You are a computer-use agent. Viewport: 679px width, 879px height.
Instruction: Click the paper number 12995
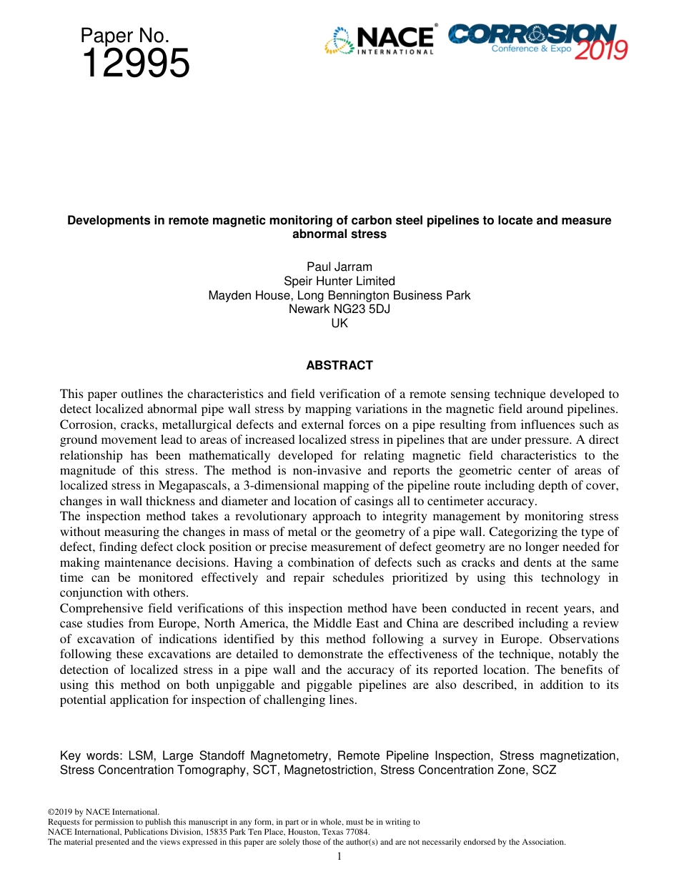[136, 64]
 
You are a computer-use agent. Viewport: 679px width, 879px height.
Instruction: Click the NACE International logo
[380, 40]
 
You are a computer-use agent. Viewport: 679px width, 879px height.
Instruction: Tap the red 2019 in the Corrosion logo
[601, 50]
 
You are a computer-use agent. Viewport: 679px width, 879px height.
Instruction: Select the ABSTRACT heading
[339, 365]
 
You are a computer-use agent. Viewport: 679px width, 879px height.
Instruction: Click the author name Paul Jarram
[339, 267]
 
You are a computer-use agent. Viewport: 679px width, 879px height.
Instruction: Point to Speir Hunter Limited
[339, 281]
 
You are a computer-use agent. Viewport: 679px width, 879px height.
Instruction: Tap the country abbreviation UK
[339, 323]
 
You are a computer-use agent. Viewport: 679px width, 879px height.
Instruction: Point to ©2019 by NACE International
[103, 812]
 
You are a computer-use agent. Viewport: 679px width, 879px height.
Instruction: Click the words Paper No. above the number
[125, 36]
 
